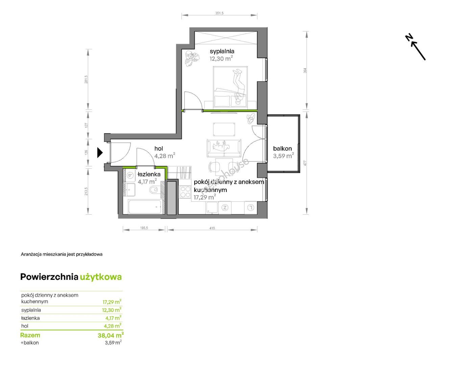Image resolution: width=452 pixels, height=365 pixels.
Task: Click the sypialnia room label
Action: click(222, 51)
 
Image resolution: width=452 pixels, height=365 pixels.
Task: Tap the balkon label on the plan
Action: click(282, 148)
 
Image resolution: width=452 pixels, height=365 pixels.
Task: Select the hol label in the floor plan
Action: click(159, 148)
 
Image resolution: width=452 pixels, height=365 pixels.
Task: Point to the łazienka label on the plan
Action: click(149, 174)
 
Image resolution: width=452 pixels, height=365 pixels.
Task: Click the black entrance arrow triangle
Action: click(100, 152)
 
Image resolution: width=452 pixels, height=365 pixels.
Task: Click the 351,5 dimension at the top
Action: click(219, 13)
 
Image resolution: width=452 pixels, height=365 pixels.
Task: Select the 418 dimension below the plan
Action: click(212, 228)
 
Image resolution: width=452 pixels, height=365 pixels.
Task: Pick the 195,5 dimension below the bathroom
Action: click(144, 228)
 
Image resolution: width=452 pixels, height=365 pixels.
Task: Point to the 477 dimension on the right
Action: click(305, 163)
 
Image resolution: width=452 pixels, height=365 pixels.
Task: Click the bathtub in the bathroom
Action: click(144, 207)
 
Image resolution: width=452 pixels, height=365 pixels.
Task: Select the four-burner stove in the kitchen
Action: click(185, 192)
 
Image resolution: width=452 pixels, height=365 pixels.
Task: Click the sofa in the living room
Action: click(224, 148)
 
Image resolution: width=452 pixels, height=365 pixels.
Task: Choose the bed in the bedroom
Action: click(230, 87)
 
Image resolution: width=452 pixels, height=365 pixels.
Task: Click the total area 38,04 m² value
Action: click(111, 335)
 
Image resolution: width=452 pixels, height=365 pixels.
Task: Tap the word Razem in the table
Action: click(30, 335)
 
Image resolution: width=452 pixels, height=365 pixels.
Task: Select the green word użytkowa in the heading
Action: click(101, 277)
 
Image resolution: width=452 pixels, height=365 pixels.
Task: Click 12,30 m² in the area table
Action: click(112, 310)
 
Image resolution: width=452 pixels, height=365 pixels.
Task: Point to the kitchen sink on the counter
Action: click(211, 207)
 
